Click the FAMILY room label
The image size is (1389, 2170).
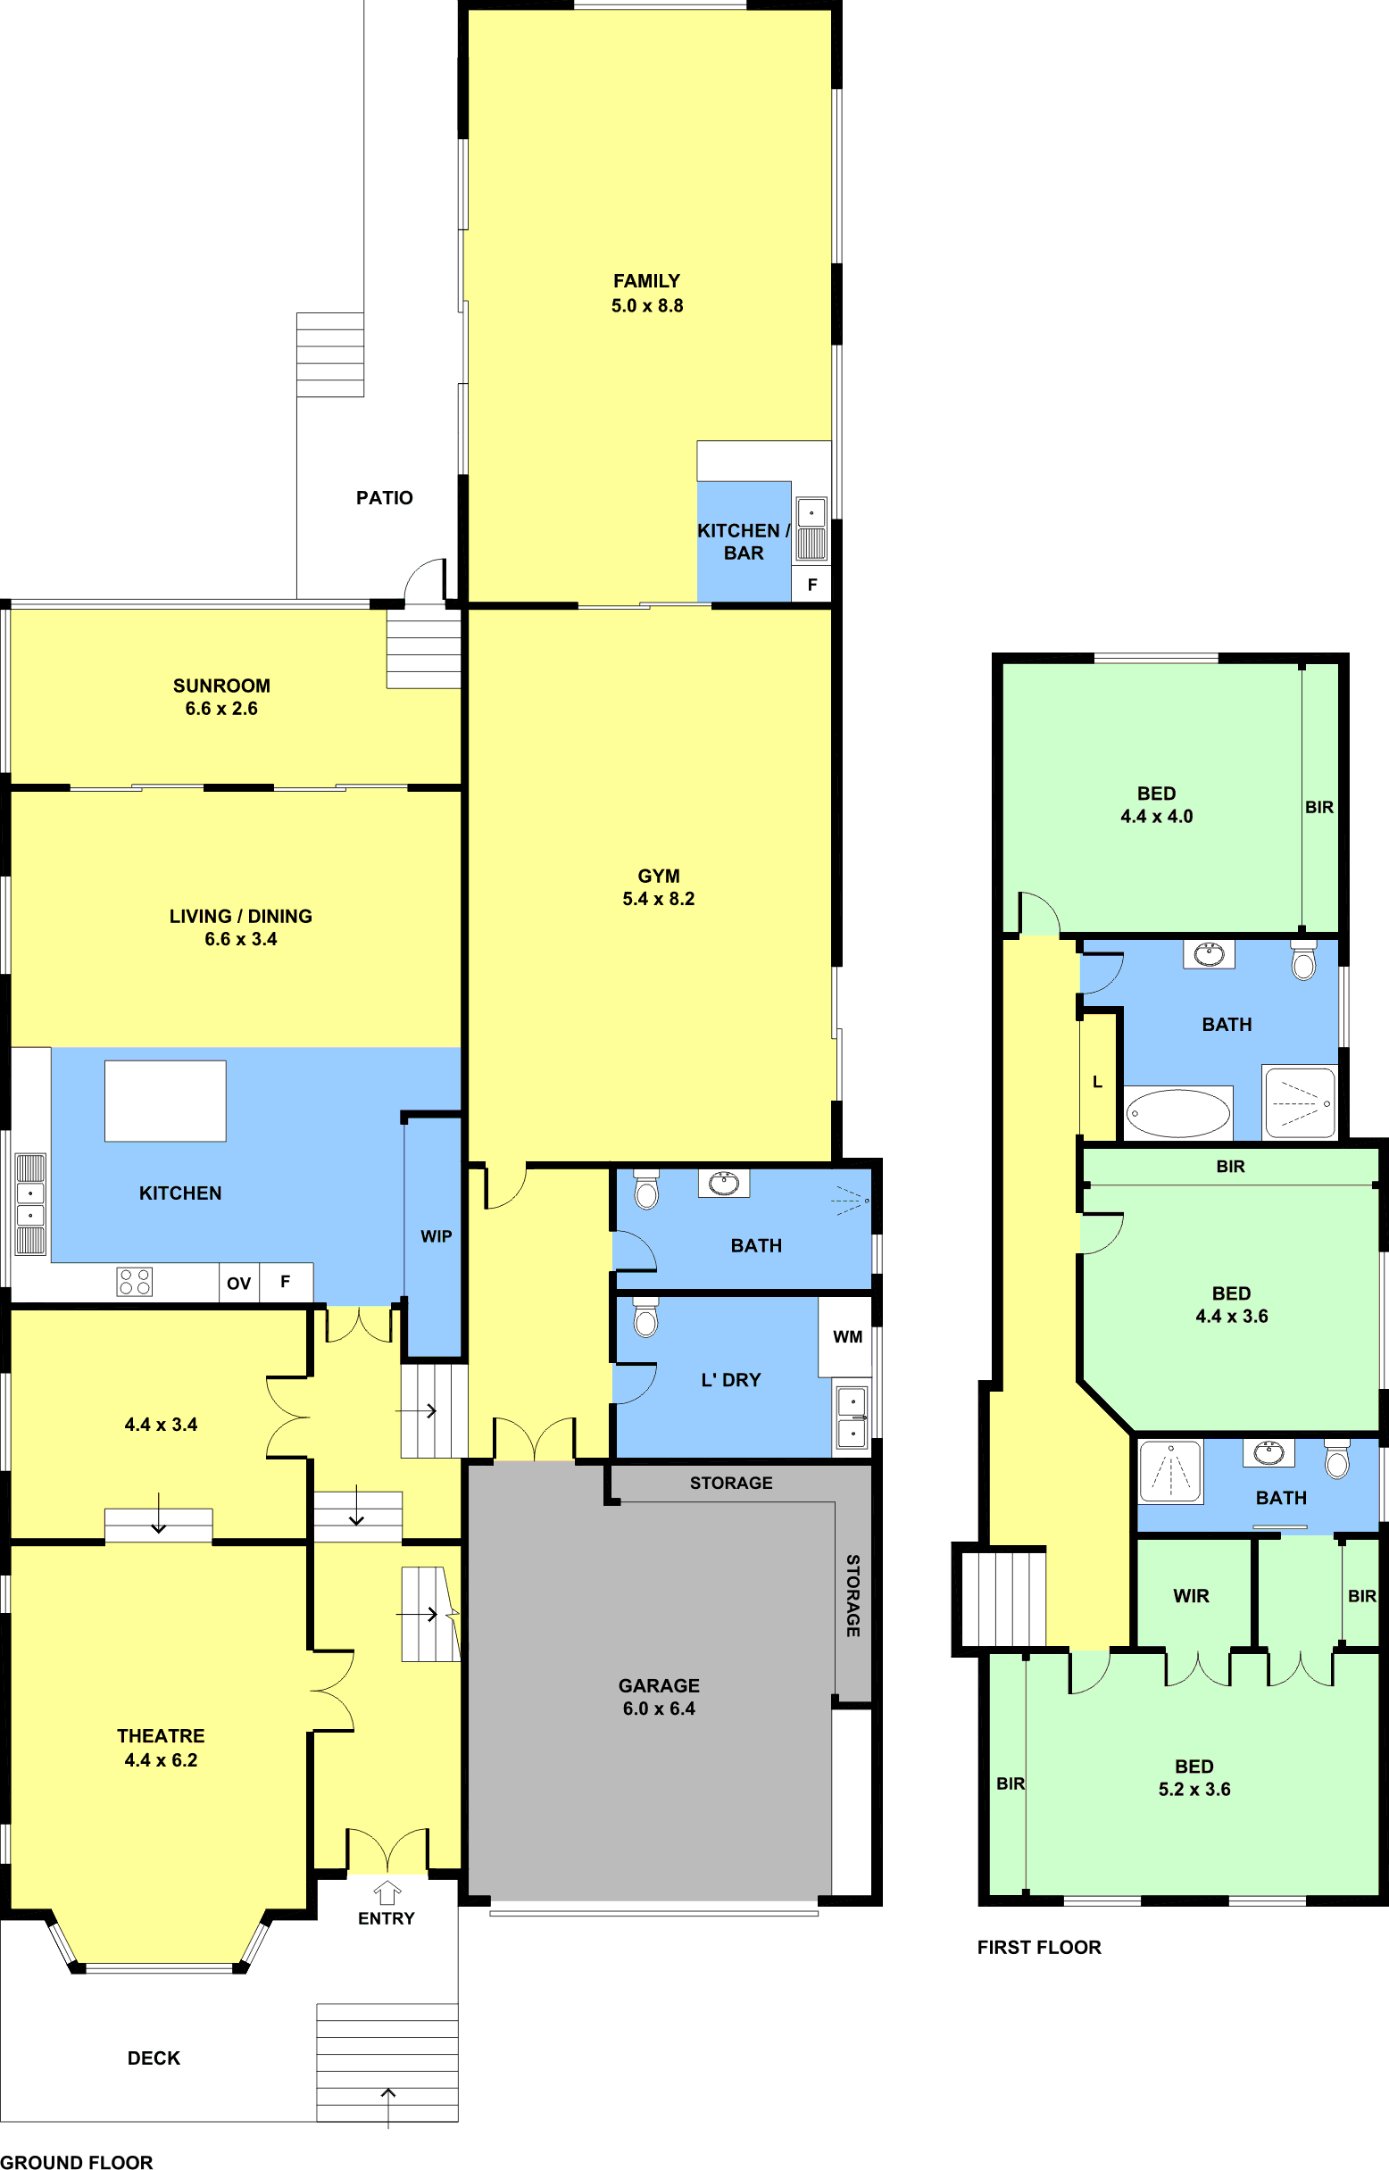[646, 281]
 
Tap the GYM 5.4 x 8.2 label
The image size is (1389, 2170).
[659, 887]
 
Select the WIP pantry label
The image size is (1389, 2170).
[437, 1236]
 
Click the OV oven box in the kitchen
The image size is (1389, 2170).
[239, 1283]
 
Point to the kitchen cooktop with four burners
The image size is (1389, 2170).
[135, 1282]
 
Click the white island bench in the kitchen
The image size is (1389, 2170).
[165, 1101]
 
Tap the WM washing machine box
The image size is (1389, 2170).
[846, 1336]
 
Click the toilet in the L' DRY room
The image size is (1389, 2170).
[645, 1317]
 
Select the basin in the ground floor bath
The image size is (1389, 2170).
[724, 1183]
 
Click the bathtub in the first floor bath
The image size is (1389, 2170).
[1178, 1113]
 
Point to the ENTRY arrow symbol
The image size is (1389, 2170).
[387, 1892]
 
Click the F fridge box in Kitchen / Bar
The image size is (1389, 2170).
[811, 585]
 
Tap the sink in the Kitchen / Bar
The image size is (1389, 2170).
[811, 529]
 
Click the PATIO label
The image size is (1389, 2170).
[384, 498]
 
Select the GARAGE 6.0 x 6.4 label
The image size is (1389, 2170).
[659, 1697]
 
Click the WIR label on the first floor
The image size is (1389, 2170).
[1191, 1595]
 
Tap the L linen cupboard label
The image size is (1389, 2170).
[1098, 1081]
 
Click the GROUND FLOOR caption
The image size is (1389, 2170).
[77, 2161]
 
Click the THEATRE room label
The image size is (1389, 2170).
[161, 1735]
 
